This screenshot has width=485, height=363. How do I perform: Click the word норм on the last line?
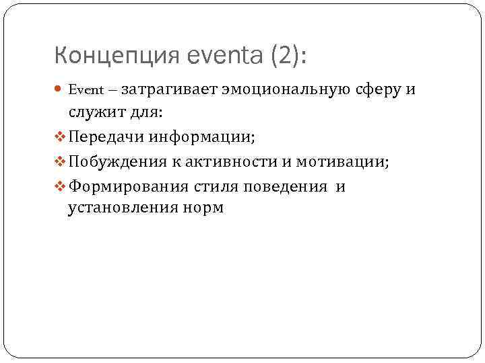[202, 208]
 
